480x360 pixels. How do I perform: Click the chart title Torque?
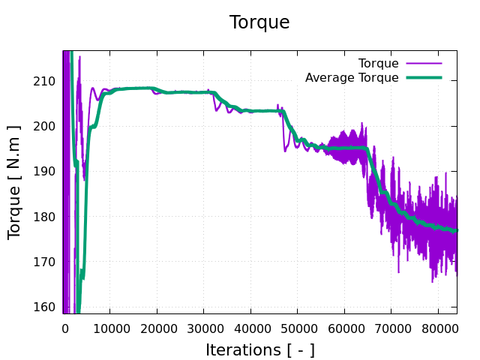(x=259, y=22)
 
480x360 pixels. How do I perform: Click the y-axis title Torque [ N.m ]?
(x=14, y=181)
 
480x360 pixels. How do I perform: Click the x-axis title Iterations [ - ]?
(x=259, y=349)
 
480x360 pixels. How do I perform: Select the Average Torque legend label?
(x=352, y=77)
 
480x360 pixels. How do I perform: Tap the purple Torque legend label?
(x=378, y=63)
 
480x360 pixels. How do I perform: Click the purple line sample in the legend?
(x=424, y=63)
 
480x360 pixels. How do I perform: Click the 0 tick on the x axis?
(x=64, y=327)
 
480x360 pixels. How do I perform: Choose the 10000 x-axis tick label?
(x=109, y=327)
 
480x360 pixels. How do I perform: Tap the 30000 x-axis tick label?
(x=203, y=327)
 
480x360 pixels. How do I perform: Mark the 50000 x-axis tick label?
(x=297, y=327)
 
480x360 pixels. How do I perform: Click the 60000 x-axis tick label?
(x=344, y=327)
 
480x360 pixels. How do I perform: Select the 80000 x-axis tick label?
(x=438, y=327)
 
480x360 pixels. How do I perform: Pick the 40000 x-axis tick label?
(x=250, y=327)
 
